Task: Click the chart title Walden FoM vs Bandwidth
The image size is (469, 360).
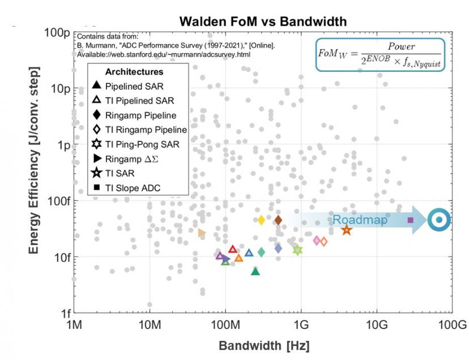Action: [x=263, y=22]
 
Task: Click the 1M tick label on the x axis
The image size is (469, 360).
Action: [x=74, y=325]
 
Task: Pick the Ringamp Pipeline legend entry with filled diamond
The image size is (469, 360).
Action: [x=136, y=115]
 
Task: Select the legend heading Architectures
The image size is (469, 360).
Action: [x=134, y=72]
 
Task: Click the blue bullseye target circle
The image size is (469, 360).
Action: [x=438, y=220]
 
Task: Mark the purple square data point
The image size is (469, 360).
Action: [x=411, y=220]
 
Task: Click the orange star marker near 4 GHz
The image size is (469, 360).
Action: [x=347, y=230]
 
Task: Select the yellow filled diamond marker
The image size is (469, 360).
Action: [x=261, y=220]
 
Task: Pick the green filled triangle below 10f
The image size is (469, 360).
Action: [x=255, y=272]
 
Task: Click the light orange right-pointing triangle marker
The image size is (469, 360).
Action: [x=202, y=233]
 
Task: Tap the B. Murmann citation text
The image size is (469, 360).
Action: [x=176, y=46]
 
